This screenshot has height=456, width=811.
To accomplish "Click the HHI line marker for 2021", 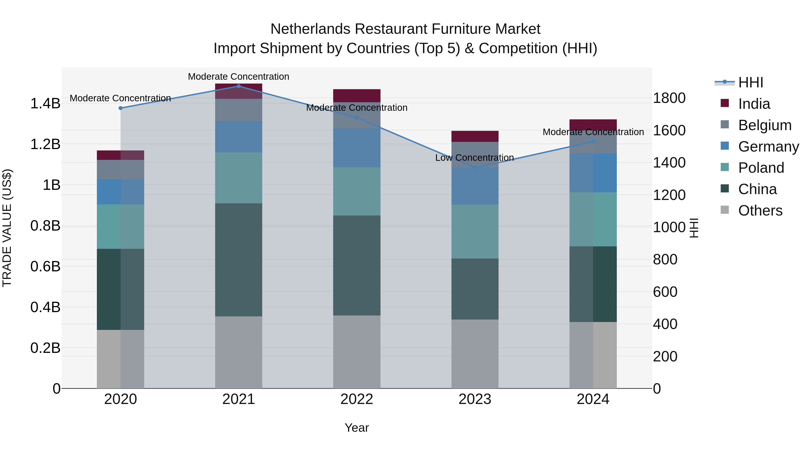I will click(238, 86).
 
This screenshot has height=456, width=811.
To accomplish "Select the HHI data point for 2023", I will click(475, 168).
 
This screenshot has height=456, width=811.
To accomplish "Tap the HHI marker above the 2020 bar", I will click(120, 108).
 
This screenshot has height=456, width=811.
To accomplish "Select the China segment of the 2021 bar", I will click(238, 260).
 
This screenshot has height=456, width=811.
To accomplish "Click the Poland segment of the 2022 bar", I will click(357, 191).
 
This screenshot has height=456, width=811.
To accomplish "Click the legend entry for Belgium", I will click(764, 125).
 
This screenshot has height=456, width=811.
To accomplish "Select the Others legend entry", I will click(760, 211).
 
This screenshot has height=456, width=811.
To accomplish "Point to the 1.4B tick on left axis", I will click(45, 104).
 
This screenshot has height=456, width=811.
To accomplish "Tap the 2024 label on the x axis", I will click(593, 399).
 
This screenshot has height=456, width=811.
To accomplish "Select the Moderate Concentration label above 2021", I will click(238, 77).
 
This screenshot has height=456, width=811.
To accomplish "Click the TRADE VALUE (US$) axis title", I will click(7, 228).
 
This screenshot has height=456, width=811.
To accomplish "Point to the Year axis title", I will click(356, 428).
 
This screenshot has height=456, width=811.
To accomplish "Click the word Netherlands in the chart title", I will click(310, 29).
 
